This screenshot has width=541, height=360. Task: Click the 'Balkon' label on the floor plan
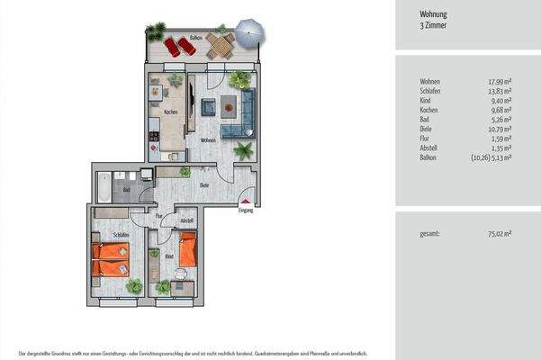point(196,40)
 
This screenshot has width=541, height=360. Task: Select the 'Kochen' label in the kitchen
point(170,112)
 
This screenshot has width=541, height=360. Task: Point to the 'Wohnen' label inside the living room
point(207,140)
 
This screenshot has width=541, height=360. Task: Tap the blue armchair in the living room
point(208,108)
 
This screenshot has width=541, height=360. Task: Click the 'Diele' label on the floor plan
point(204,185)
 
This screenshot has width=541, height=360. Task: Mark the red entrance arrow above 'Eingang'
point(245,203)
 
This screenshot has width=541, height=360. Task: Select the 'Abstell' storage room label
point(187,220)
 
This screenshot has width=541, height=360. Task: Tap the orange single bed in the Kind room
point(187,249)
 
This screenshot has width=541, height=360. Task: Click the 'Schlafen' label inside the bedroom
point(122,234)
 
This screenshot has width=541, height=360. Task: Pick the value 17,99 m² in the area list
point(497,82)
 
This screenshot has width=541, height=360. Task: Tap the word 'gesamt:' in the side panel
point(429,234)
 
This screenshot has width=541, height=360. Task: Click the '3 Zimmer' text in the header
point(435,26)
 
